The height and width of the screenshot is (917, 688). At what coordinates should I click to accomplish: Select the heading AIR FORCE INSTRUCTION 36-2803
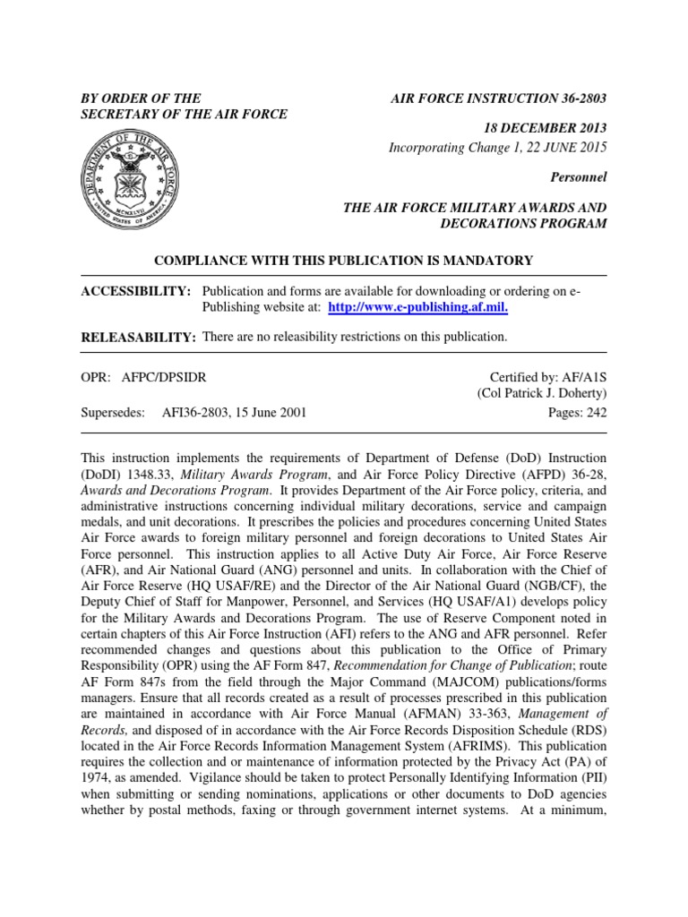coord(499,98)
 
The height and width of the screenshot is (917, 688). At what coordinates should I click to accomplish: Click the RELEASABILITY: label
coord(139,337)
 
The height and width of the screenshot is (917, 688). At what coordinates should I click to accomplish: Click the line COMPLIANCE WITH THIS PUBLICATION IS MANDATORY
coord(344,261)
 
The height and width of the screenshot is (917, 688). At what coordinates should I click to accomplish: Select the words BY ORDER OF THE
coord(141,98)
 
